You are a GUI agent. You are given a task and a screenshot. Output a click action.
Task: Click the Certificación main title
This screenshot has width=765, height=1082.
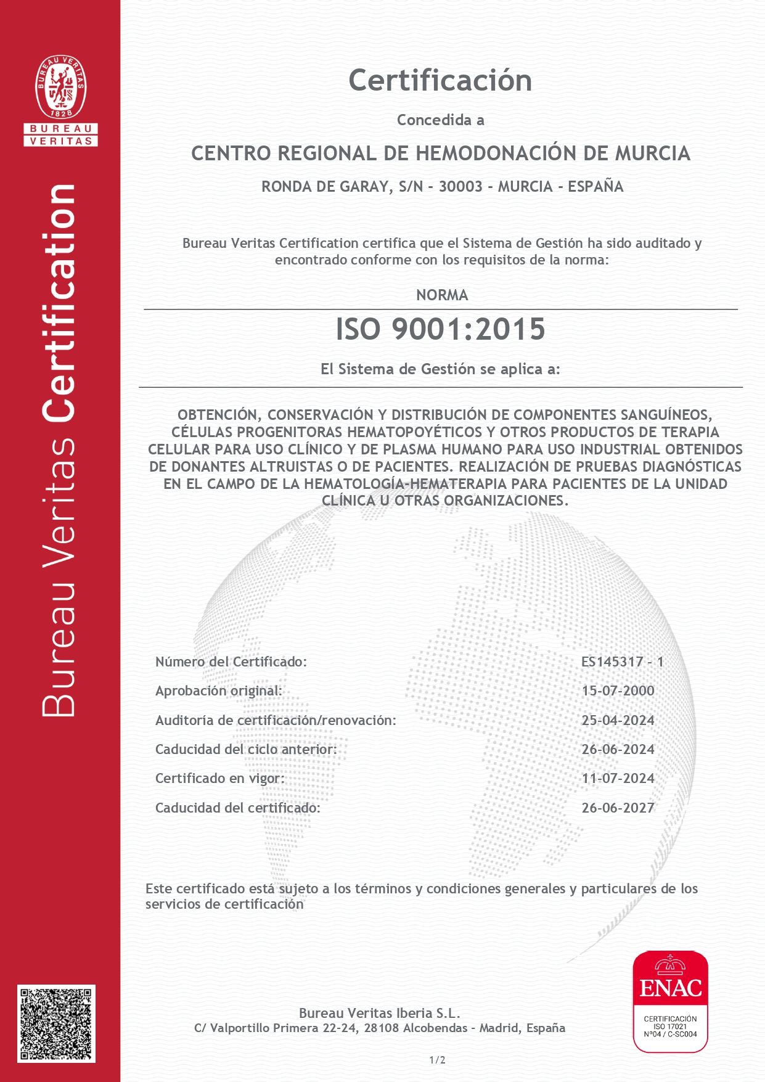440,81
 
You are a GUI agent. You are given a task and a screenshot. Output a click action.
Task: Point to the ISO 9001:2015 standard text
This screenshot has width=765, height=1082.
440,329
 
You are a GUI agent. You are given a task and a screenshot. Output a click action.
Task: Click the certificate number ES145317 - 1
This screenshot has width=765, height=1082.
622,662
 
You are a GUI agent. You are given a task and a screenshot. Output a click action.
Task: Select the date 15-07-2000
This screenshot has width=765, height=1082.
618,691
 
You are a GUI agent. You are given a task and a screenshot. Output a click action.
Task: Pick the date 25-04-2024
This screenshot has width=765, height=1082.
618,720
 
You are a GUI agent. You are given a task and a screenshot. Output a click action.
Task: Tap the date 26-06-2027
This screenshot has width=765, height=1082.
618,808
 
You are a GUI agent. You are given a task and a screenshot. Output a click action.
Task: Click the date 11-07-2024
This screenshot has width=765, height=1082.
618,779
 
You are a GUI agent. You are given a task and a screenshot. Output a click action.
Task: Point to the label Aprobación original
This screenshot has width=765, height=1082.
218,691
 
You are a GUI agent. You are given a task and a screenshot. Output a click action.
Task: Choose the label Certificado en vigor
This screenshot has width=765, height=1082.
220,779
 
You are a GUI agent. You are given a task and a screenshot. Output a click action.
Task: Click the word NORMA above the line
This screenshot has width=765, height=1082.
442,295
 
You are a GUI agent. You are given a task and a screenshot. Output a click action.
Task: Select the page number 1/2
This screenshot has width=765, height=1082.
437,1060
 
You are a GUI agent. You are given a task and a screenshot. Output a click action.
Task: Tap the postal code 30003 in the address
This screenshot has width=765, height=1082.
460,187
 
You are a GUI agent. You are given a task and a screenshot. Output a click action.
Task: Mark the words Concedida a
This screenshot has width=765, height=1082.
440,120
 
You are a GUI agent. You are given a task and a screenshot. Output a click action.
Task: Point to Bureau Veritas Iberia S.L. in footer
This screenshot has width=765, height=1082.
379,1013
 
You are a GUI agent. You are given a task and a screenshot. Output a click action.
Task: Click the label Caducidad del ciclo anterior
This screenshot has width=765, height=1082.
246,750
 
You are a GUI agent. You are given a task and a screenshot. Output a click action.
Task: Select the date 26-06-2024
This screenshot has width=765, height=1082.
618,750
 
